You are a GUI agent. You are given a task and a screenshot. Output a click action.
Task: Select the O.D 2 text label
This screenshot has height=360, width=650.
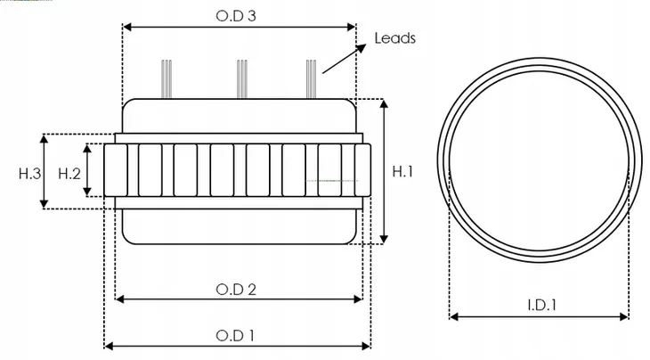[x=236, y=289]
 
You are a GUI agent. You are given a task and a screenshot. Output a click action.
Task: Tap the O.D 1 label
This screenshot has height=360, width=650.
[x=236, y=336]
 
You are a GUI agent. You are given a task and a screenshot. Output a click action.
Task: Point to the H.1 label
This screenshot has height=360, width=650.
[x=402, y=172]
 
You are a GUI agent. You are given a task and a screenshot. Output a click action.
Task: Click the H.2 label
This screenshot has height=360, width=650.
[x=69, y=173]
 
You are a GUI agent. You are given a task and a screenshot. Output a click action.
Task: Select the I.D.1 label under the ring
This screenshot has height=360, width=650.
[x=540, y=305]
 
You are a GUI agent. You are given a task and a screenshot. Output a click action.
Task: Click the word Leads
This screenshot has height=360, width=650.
[x=394, y=38]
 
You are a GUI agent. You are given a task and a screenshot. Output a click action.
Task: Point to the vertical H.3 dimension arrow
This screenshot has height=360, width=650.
[x=45, y=171]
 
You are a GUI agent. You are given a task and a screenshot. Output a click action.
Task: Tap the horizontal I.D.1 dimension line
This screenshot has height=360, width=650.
[x=540, y=316]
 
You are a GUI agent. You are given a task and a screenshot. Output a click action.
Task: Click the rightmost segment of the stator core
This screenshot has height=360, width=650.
[x=362, y=169]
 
